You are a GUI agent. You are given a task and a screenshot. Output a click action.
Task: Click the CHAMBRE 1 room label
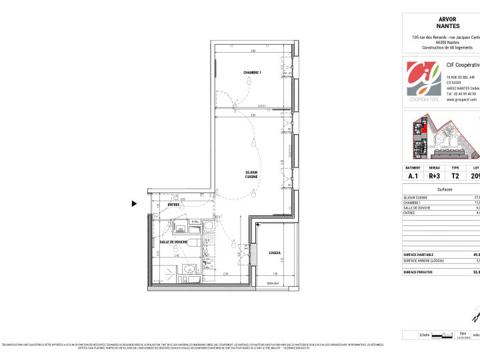(251, 72)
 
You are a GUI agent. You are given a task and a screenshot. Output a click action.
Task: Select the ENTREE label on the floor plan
(174, 205)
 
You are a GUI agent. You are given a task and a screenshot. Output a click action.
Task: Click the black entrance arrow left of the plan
(135, 204)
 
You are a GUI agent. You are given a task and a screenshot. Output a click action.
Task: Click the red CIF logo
(423, 78)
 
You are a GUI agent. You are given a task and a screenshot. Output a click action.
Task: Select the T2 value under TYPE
(455, 176)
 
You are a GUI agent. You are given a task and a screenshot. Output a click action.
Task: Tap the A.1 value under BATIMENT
(413, 176)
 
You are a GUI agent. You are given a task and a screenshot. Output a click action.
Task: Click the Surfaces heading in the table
(445, 189)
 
